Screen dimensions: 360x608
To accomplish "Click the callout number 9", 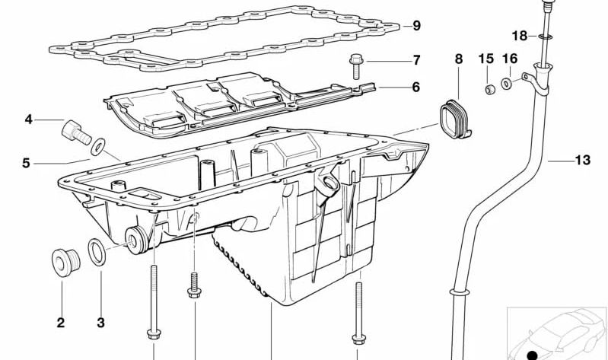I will tap(416, 26).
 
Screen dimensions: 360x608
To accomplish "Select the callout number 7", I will tap(416, 59).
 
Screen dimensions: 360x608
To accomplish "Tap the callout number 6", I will tap(415, 88).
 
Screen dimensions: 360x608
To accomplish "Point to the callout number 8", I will tap(458, 59).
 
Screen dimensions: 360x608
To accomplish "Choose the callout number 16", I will tap(510, 59).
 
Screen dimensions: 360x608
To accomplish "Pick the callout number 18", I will tap(519, 36).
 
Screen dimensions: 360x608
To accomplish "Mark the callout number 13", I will tap(582, 161).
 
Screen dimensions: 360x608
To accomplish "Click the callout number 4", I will tap(28, 119).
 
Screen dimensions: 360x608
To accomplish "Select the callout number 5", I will tap(26, 163).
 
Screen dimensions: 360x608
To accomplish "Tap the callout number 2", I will tap(60, 323).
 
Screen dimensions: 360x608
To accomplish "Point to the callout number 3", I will tap(100, 323).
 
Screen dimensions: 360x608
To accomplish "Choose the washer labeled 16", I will tap(508, 82).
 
